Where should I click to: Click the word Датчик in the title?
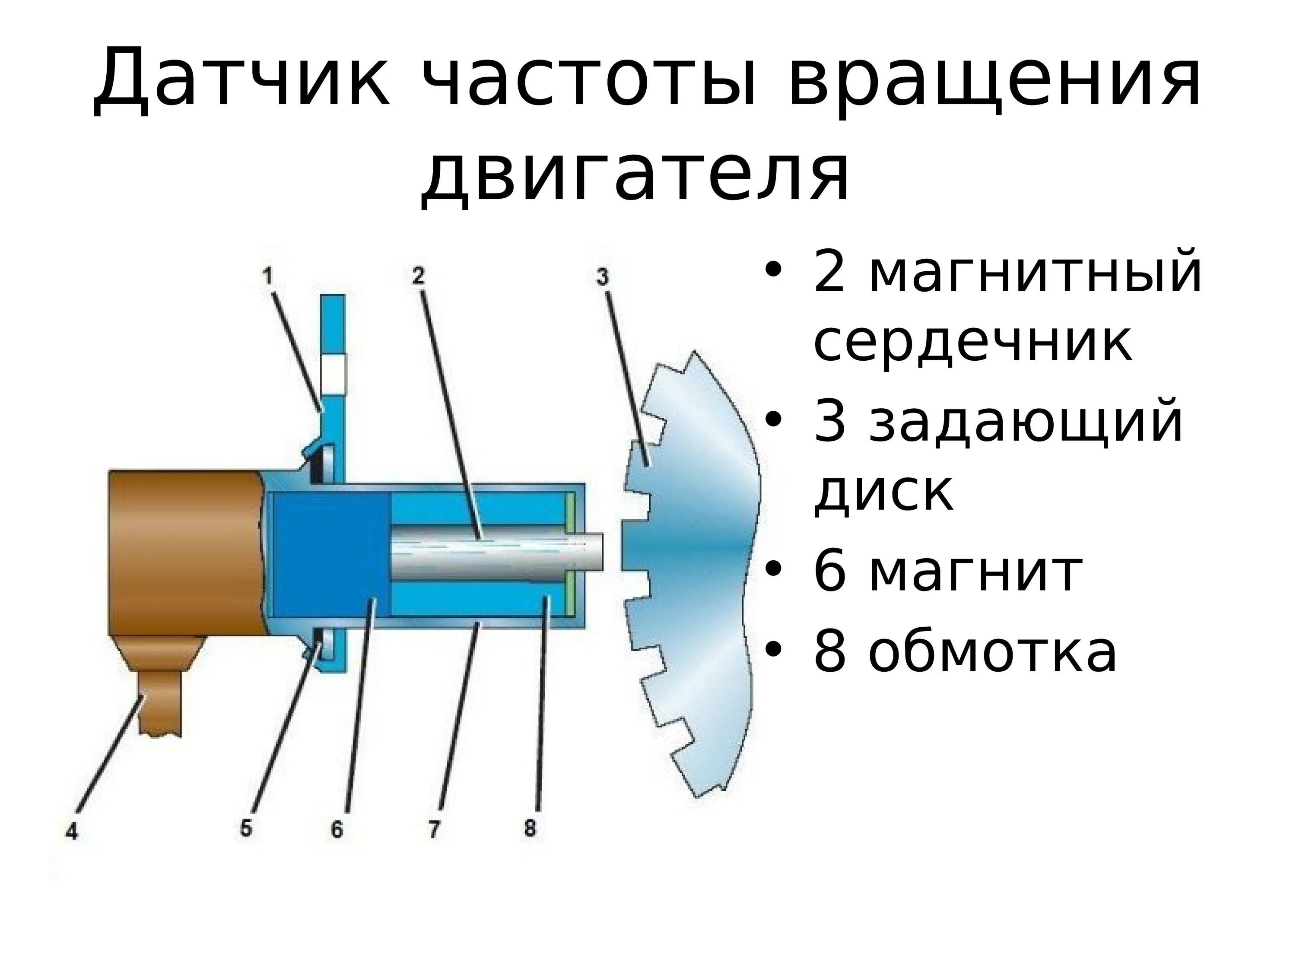(x=240, y=79)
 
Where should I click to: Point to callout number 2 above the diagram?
(x=417, y=275)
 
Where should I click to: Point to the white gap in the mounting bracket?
(x=334, y=374)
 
